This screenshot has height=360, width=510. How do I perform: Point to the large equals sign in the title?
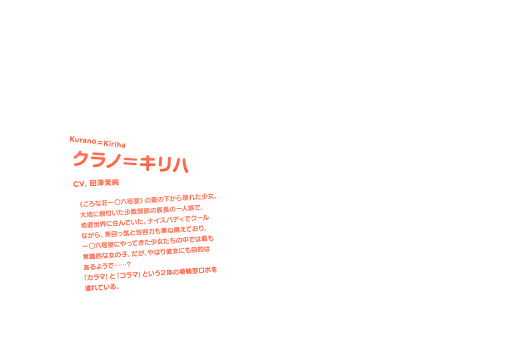point(129,161)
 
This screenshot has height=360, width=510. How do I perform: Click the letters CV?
point(80,184)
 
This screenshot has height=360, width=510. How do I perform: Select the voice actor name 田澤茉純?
point(105,183)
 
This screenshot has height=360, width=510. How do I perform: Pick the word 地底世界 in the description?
point(93,224)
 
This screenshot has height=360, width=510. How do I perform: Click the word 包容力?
point(148,229)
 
